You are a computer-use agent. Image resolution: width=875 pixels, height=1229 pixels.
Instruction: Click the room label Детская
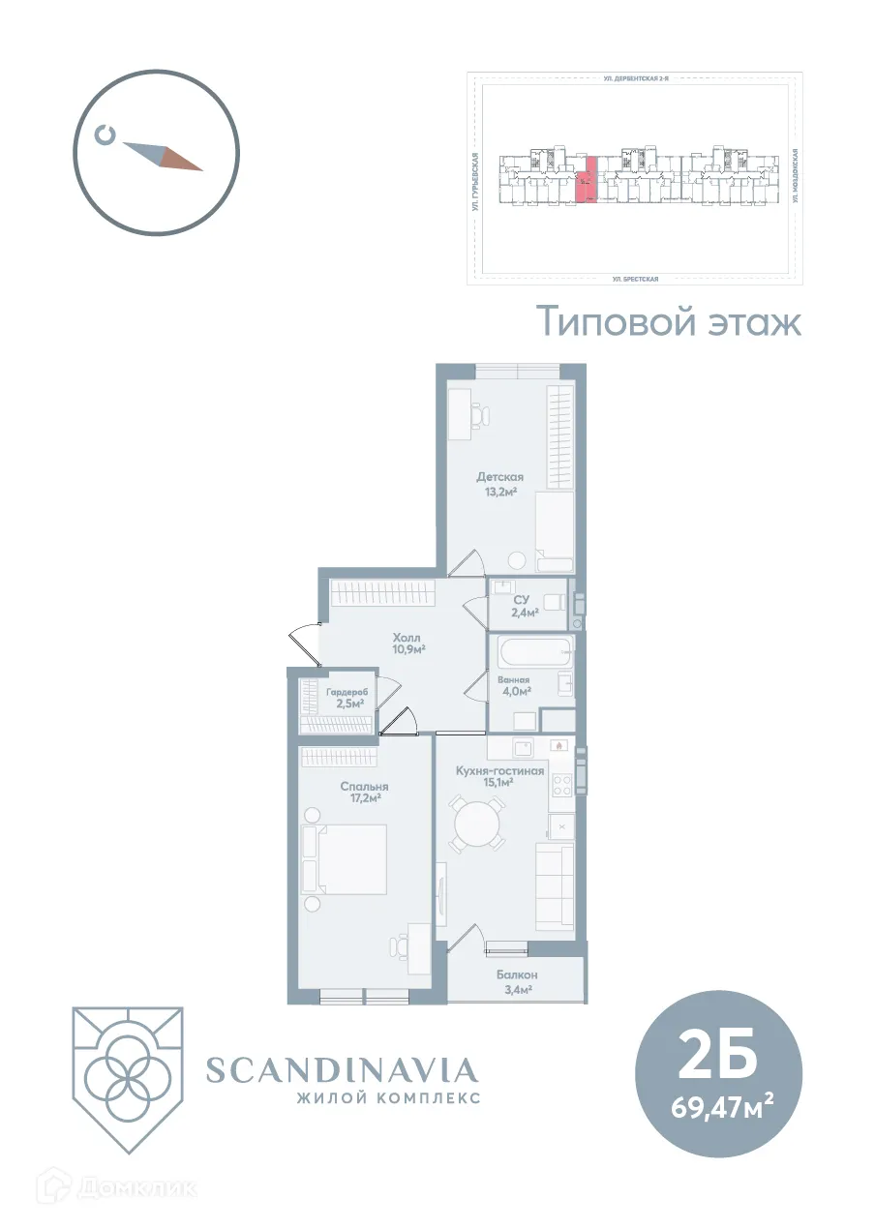coord(499,476)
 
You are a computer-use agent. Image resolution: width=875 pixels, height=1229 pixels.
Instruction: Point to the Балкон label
coord(517,974)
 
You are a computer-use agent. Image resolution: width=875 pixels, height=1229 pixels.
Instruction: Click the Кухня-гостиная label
coord(499,770)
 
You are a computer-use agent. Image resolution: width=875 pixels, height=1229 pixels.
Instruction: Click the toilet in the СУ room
coord(553,602)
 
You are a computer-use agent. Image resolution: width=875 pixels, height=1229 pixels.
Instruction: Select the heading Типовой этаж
coord(669,320)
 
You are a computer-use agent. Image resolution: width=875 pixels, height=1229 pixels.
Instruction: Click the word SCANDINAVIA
coord(342,1069)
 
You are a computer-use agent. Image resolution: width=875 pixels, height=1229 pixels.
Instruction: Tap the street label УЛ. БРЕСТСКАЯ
coord(635,278)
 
